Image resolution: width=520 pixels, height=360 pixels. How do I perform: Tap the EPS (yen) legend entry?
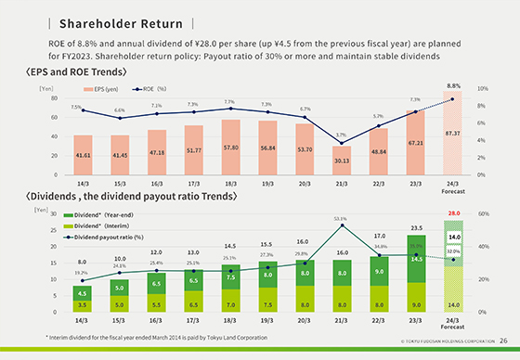tap(103, 89)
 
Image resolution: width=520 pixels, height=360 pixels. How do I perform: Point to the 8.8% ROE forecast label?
tap(454, 84)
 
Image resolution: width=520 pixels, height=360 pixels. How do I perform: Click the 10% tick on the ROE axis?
tap(482, 88)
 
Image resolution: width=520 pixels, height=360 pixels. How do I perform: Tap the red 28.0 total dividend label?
tap(454, 213)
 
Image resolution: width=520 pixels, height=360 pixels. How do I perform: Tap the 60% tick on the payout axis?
tap(483, 213)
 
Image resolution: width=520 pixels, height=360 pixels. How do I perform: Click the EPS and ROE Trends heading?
tap(76, 71)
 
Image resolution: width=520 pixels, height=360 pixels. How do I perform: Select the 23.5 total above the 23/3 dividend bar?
tap(417, 227)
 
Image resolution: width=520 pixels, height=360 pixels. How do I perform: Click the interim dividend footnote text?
tap(150, 338)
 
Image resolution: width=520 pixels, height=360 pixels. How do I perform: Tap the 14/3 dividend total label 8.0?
tap(82, 263)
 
